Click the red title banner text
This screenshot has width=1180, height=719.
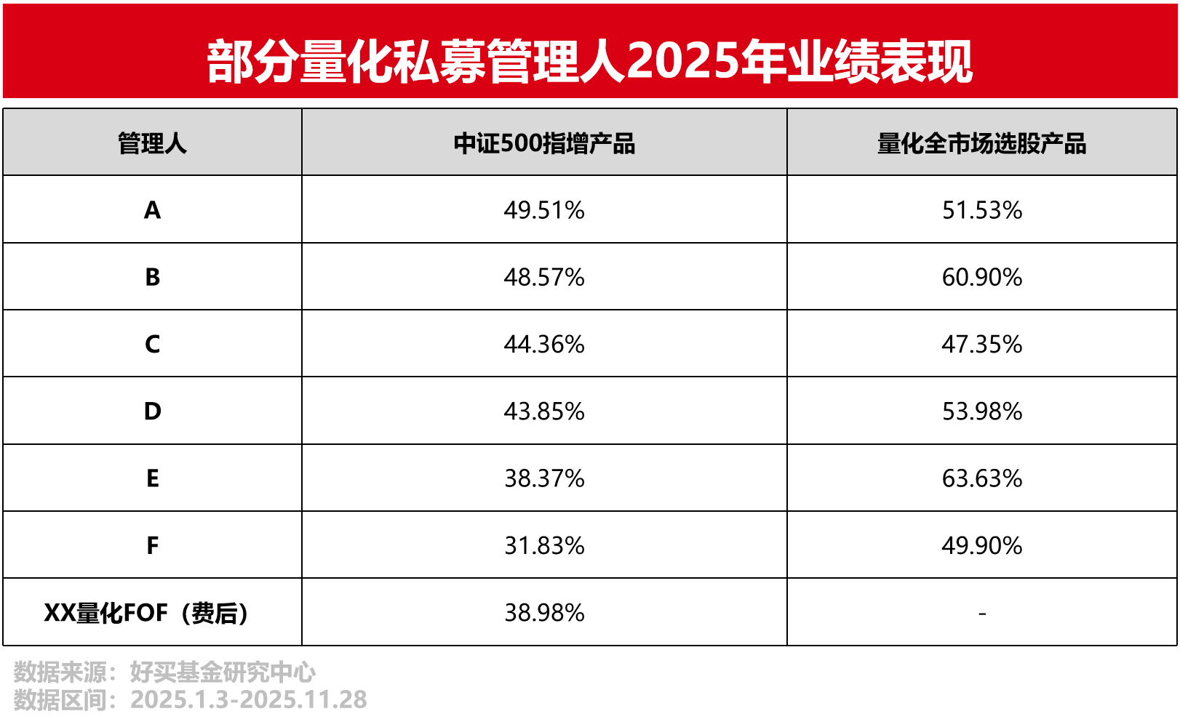pos(589,61)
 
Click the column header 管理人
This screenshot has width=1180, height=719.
pos(152,143)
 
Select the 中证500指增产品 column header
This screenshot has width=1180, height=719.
pos(544,143)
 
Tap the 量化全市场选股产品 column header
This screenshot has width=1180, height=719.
pos(981,143)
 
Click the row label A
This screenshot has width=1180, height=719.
pos(152,210)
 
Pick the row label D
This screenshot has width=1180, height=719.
pos(152,411)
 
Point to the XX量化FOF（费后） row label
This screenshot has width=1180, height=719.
pos(147,613)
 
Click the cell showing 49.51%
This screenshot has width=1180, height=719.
pos(544,210)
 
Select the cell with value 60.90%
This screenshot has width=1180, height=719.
pos(981,277)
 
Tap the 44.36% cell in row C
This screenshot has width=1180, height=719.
pos(544,344)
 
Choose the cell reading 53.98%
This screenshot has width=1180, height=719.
pos(981,411)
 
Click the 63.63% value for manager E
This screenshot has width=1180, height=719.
pos(981,478)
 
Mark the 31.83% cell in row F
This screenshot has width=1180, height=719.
pos(544,545)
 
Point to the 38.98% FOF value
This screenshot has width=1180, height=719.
pos(544,613)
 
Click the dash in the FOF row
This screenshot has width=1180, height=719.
pos(981,614)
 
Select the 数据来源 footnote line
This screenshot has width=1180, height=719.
pos(165,672)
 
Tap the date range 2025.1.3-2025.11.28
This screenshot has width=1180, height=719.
pos(249,699)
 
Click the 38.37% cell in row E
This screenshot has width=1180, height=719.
pos(544,478)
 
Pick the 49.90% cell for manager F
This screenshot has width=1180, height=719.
pos(981,545)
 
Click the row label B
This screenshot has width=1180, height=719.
pos(152,277)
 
